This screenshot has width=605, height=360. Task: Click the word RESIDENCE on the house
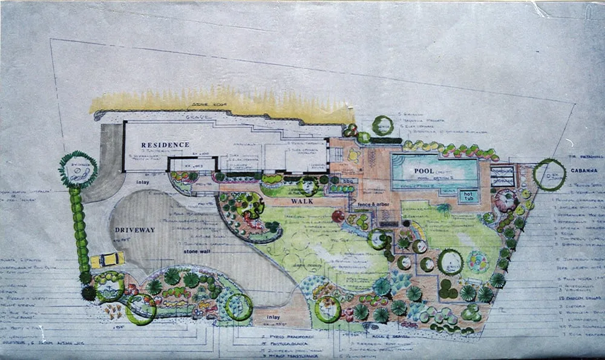[165, 145]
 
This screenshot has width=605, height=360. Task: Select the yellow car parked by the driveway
[107, 260]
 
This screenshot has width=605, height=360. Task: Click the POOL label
[427, 172]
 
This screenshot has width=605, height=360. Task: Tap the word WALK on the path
[301, 201]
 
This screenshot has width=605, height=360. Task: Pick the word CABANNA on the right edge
[584, 171]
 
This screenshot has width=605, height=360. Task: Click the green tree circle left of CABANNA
[549, 175]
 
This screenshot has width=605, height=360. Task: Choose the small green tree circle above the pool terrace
[382, 125]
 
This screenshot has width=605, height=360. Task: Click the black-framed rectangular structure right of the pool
[502, 175]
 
